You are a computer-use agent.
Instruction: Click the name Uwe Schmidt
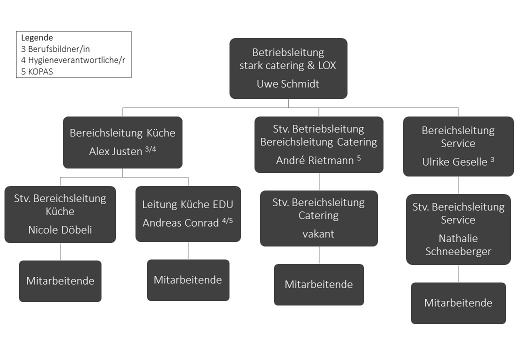pyautogui.click(x=288, y=84)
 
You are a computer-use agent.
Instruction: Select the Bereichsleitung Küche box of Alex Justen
pyautogui.click(x=122, y=142)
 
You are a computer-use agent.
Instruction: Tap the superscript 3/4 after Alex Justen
pyautogui.click(x=150, y=149)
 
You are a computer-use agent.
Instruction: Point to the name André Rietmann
pyautogui.click(x=314, y=160)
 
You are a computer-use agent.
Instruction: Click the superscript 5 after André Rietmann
pyautogui.click(x=359, y=158)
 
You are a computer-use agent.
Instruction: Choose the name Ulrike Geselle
pyautogui.click(x=454, y=162)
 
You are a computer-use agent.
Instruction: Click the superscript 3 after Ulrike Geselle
pyautogui.click(x=492, y=160)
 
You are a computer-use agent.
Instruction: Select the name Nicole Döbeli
pyautogui.click(x=60, y=229)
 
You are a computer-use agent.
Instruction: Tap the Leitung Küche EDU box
pyautogui.click(x=188, y=214)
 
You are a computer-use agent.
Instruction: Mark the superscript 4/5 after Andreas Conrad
pyautogui.click(x=227, y=220)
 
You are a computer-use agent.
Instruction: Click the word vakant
pyautogui.click(x=318, y=234)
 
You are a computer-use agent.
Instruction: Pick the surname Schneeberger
pyautogui.click(x=458, y=251)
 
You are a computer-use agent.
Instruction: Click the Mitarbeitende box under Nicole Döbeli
pyautogui.click(x=60, y=281)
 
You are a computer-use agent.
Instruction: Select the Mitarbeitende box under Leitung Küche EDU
pyautogui.click(x=188, y=280)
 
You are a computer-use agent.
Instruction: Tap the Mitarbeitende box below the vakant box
pyautogui.click(x=318, y=285)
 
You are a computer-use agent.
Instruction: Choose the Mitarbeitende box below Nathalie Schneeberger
pyautogui.click(x=458, y=303)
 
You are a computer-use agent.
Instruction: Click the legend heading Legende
pyautogui.click(x=37, y=38)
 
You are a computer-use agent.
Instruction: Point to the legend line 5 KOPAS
pyautogui.click(x=37, y=71)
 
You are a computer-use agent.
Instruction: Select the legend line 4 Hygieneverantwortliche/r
pyautogui.click(x=73, y=60)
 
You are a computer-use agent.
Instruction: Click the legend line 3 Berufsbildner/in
pyautogui.click(x=55, y=49)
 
